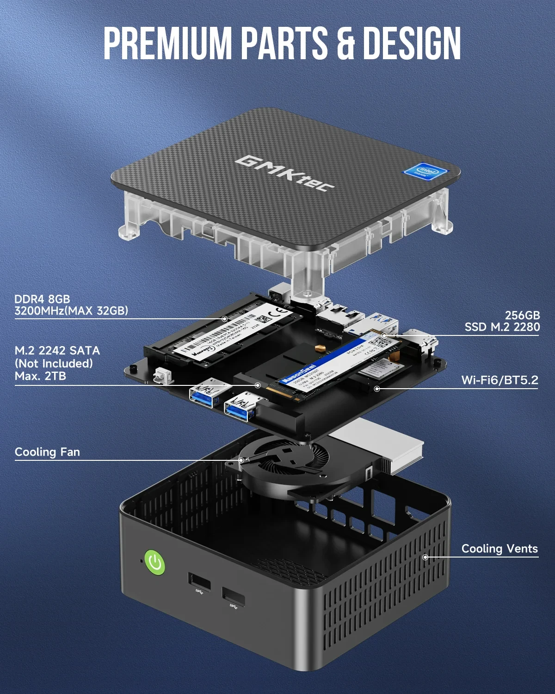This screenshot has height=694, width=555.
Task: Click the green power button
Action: pos(155,563)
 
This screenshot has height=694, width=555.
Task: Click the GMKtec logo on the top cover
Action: pos(284,173)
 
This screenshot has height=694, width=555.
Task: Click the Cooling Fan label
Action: pos(47,452)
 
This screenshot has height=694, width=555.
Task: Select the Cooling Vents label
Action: pos(499,549)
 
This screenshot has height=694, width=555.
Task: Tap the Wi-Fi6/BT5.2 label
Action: pos(499,380)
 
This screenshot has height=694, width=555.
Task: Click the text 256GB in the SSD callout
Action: pos(522,315)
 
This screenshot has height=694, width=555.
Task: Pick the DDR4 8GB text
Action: pos(42,299)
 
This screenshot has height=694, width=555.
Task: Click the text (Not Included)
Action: pos(54,364)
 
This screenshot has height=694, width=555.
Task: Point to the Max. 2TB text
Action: pos(40,376)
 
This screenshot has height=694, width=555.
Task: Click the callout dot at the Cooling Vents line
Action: pos(425,557)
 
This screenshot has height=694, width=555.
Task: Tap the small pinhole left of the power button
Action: pos(141,561)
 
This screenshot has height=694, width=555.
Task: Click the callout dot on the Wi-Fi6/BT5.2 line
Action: pos(377,389)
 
